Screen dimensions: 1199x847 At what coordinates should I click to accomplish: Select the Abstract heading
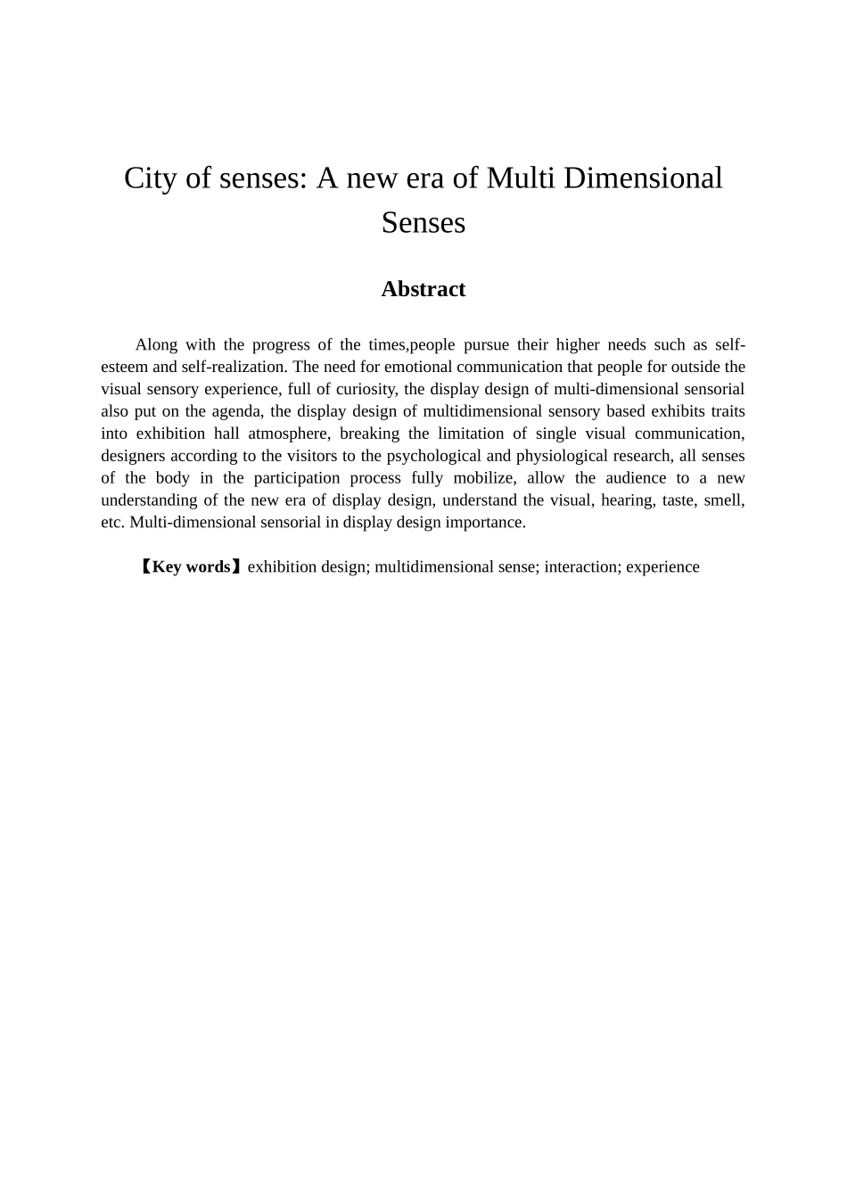coord(423,289)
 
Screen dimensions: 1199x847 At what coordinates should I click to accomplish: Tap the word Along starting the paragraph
coord(155,345)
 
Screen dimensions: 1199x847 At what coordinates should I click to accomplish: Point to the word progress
coord(279,345)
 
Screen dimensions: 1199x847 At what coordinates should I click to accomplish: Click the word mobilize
coord(484,478)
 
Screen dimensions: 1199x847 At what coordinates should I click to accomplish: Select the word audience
coord(635,478)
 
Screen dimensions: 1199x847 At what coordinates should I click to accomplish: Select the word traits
coord(728,411)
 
